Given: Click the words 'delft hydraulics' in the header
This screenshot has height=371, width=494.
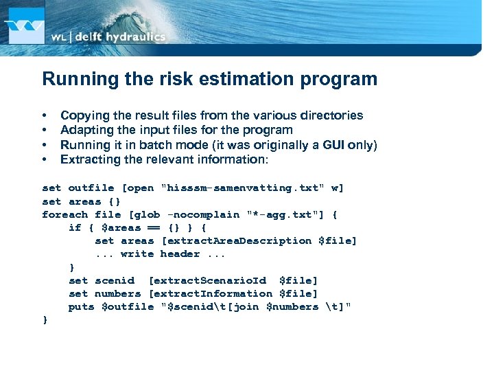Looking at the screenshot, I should click(119, 37).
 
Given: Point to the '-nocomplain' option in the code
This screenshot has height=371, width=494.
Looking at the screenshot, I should click(204, 214).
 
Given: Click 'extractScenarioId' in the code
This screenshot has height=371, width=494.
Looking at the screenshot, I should click(207, 280).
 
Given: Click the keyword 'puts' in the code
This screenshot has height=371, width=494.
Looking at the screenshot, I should click(81, 306).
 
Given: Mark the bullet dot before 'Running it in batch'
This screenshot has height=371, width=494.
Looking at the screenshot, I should click(45, 145).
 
